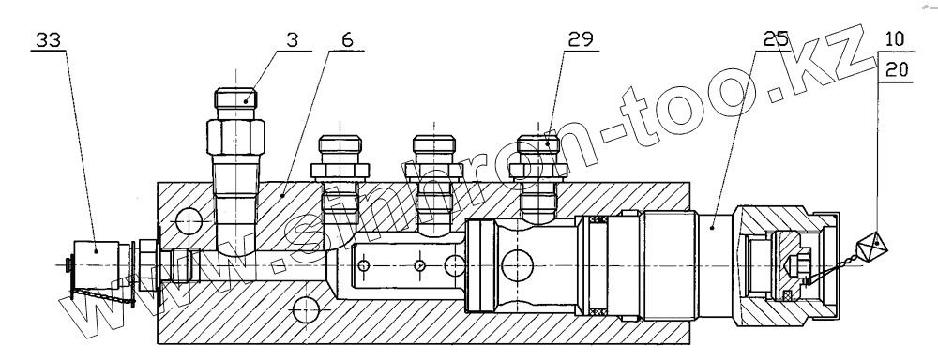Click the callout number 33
pyautogui.click(x=49, y=40)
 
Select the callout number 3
pyautogui.click(x=292, y=40)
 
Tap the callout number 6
pyautogui.click(x=348, y=40)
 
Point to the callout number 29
pyautogui.click(x=581, y=40)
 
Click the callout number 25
pyautogui.click(x=777, y=40)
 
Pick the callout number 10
pyautogui.click(x=895, y=40)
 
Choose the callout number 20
pyautogui.click(x=896, y=70)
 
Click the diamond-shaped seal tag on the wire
pyautogui.click(x=874, y=247)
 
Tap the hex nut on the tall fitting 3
pyautogui.click(x=235, y=137)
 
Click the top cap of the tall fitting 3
pyautogui.click(x=235, y=97)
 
